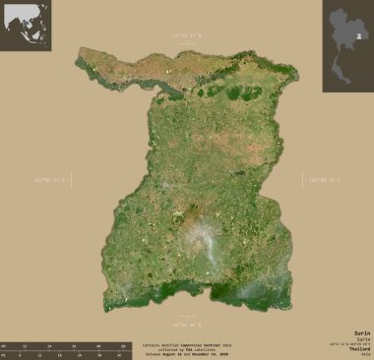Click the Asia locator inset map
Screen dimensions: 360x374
[25, 25]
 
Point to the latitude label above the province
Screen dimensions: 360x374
[187, 36]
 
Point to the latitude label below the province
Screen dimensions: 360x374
[187, 323]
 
